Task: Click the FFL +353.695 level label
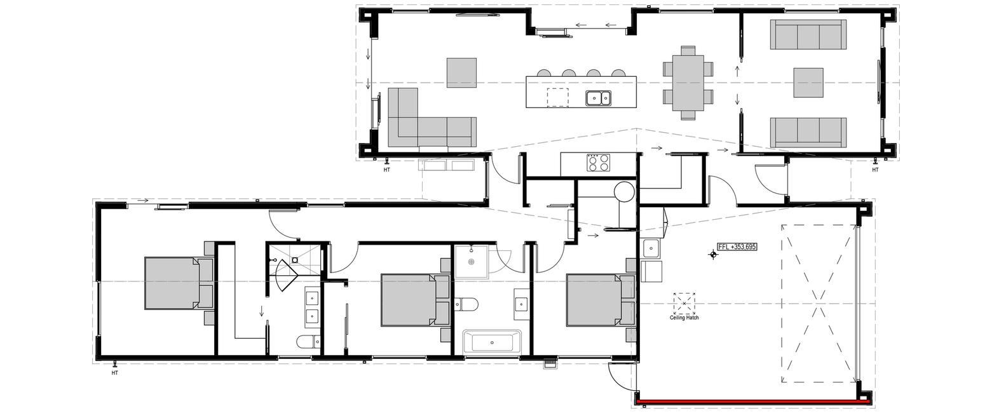tap(737, 247)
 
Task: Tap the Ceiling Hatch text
tap(684, 318)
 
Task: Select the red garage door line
tap(752, 402)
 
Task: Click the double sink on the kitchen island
tap(598, 98)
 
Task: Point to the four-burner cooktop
tap(598, 163)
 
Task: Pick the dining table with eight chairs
tap(688, 83)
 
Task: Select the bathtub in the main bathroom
tap(492, 342)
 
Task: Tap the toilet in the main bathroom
tap(466, 304)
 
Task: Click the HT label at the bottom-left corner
tap(114, 373)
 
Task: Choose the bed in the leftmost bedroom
tap(179, 283)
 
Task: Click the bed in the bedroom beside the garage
tap(601, 300)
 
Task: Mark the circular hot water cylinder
tap(625, 192)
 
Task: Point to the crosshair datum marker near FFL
tap(713, 255)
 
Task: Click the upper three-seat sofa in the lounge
tap(808, 34)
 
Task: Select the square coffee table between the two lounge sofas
tap(808, 83)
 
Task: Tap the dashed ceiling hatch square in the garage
tap(684, 303)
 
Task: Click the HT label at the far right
tap(875, 170)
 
